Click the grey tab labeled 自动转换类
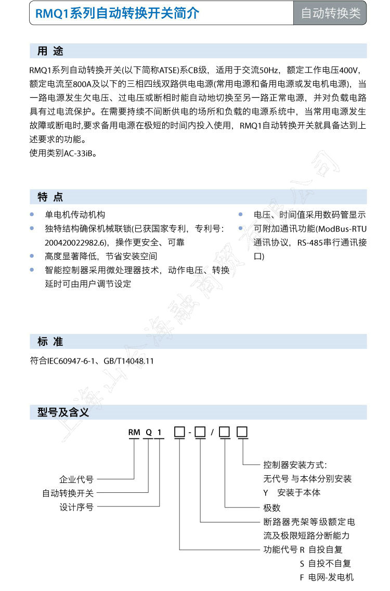tap(330, 13)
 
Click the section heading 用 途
tap(50, 51)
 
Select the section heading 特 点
tap(50, 197)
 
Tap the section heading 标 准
tap(50, 341)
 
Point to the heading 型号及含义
tap(63, 412)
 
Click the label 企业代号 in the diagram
tap(76, 479)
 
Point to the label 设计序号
tap(76, 507)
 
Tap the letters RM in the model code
tap(135, 432)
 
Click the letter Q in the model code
tap(149, 432)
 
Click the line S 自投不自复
tap(325, 563)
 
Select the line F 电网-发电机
tap(326, 577)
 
